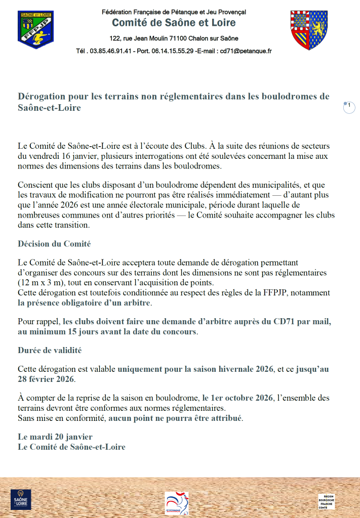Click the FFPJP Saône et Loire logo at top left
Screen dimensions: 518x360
tap(35, 29)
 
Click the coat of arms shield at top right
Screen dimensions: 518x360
tap(308, 30)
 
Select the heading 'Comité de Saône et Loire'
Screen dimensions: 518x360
tap(174, 23)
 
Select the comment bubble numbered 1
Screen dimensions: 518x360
tap(349, 107)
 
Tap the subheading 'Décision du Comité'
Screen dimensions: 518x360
tap(54, 244)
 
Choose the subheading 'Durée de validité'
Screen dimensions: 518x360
tap(50, 350)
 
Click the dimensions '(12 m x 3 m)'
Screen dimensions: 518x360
tap(41, 282)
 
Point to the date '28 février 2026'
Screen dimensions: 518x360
tap(46, 379)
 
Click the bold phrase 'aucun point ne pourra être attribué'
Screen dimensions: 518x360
tap(175, 418)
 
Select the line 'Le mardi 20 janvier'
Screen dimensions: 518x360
tap(55, 437)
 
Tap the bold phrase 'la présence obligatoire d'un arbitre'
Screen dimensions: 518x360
tap(84, 303)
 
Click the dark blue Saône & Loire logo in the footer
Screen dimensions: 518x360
tap(21, 499)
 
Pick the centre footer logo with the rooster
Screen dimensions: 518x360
tap(177, 503)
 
